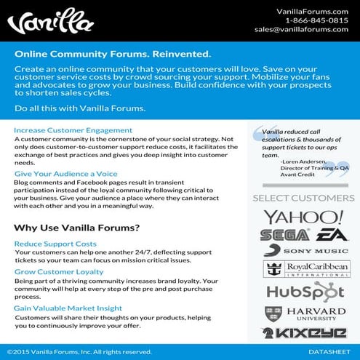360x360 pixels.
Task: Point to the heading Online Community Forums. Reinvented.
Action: (x=113, y=55)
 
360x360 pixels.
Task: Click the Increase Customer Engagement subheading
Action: (x=73, y=130)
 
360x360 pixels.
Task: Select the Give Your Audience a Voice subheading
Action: (x=65, y=175)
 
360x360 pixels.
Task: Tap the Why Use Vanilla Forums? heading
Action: (x=77, y=228)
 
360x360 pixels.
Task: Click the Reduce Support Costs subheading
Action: (x=55, y=244)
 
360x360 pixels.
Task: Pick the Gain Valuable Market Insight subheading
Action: (x=68, y=308)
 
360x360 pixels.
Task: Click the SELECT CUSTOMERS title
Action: (x=303, y=198)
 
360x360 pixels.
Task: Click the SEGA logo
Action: (x=284, y=235)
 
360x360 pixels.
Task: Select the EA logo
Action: (x=323, y=235)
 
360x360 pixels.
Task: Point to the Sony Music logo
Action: (x=304, y=252)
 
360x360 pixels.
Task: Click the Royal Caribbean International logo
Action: (x=304, y=269)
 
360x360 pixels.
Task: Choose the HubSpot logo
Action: (x=304, y=292)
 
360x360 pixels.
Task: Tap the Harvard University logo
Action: (x=304, y=314)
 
